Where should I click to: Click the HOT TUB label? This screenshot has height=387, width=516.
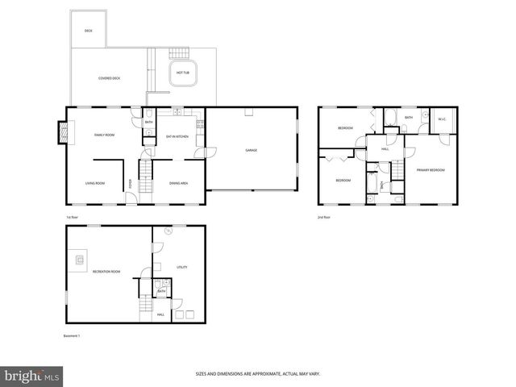tap(183, 73)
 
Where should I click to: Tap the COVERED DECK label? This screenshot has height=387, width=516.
tap(110, 78)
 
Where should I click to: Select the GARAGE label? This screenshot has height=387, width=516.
tap(252, 150)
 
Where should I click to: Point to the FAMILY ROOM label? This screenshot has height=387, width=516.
tap(104, 135)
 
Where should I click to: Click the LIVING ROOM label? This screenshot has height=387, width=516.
tap(95, 183)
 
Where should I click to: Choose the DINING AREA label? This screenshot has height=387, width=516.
tap(179, 183)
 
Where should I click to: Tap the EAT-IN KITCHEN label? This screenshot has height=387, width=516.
tap(177, 136)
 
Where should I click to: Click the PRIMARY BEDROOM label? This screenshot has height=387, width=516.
tap(431, 170)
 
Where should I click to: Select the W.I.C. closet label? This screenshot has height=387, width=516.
tap(442, 120)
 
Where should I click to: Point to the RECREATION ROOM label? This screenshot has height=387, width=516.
tap(106, 272)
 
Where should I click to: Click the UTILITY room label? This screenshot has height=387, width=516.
tap(181, 267)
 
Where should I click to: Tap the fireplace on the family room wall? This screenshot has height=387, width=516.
tap(62, 133)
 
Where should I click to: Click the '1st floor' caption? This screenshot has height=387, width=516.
tap(73, 218)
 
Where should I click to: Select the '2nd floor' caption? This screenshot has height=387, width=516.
tap(325, 218)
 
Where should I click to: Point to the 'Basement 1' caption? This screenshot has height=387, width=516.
tap(73, 335)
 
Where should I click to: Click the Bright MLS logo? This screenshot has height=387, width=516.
tap(32, 376)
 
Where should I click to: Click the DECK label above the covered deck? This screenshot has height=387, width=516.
tap(88, 31)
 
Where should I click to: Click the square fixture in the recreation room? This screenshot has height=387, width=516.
tap(80, 260)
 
